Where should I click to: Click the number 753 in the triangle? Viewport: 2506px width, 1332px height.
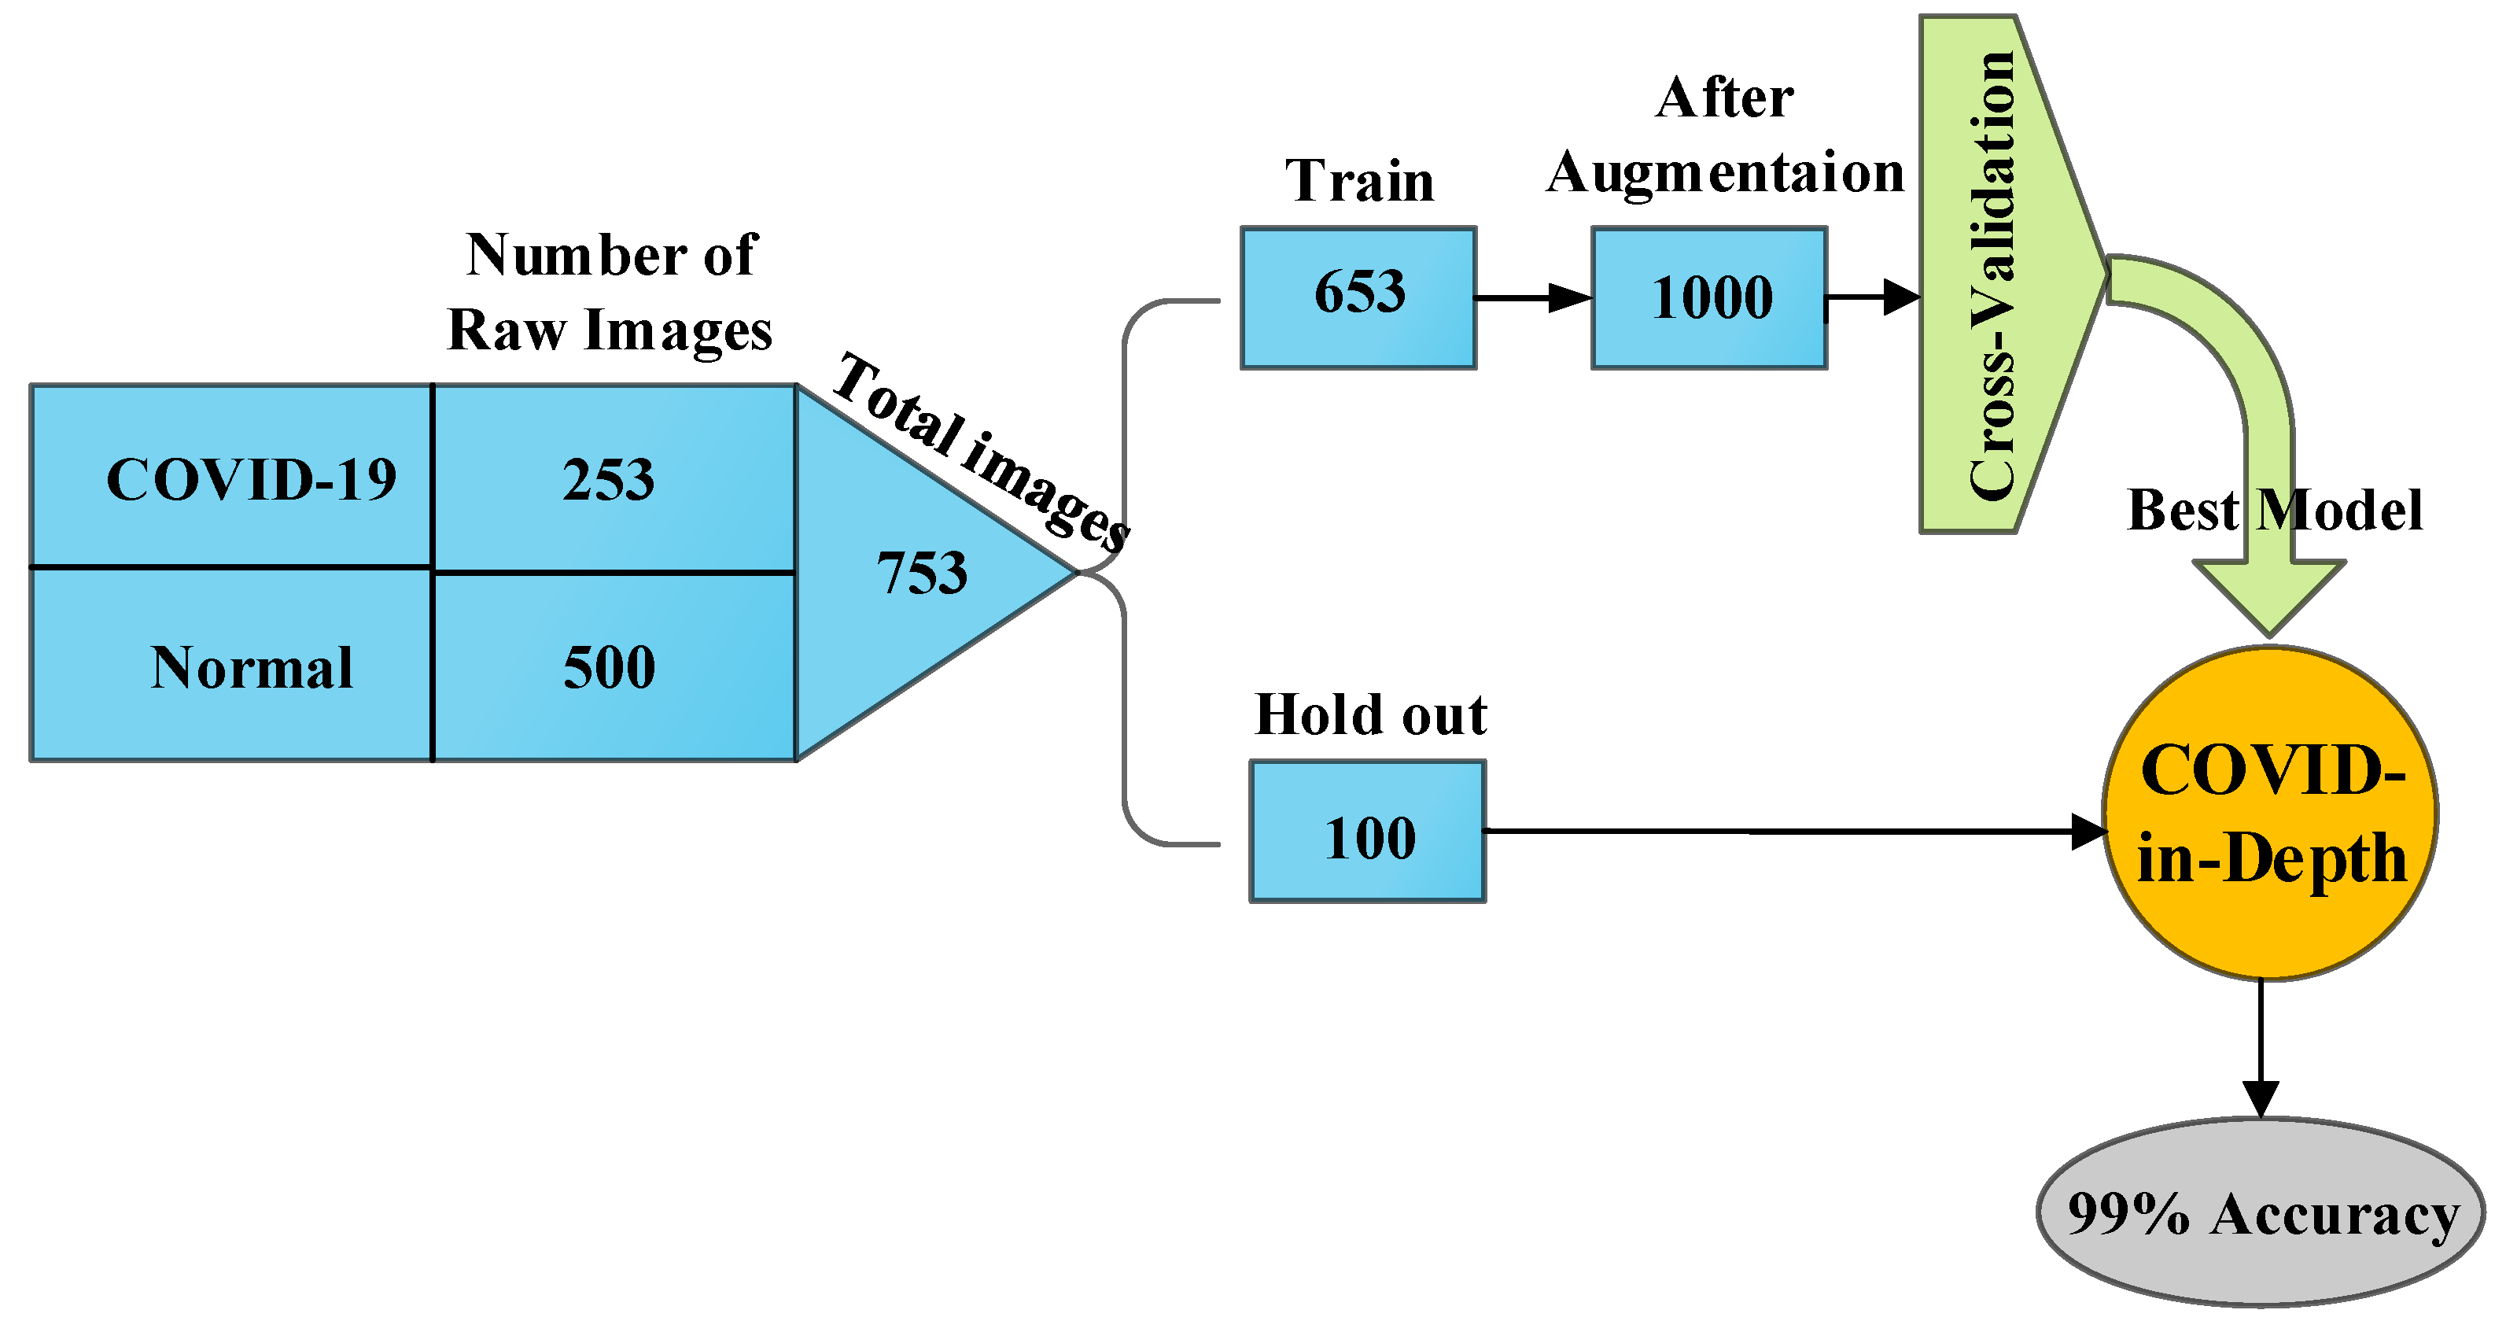[x=921, y=572]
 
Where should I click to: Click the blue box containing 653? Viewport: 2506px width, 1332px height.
[x=1358, y=297]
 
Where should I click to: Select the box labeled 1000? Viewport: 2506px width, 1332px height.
[x=1709, y=297]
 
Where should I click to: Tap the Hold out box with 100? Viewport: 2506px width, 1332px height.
[x=1367, y=832]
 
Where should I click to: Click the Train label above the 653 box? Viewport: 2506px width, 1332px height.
[x=1359, y=181]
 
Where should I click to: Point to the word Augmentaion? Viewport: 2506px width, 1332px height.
[x=1724, y=173]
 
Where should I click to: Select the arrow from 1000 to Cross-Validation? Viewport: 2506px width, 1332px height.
[x=1873, y=297]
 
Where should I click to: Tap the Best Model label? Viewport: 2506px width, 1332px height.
[x=2275, y=510]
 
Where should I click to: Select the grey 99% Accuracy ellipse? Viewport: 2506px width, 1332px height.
[x=2261, y=1212]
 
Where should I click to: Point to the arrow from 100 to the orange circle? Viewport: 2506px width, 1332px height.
[x=1790, y=832]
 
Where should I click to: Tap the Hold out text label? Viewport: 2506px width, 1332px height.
[x=1369, y=715]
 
